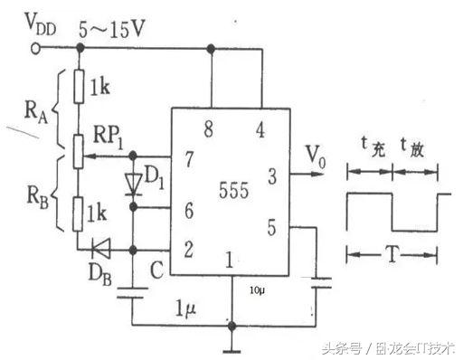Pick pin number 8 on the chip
click(x=211, y=129)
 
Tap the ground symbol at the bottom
click(x=231, y=349)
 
